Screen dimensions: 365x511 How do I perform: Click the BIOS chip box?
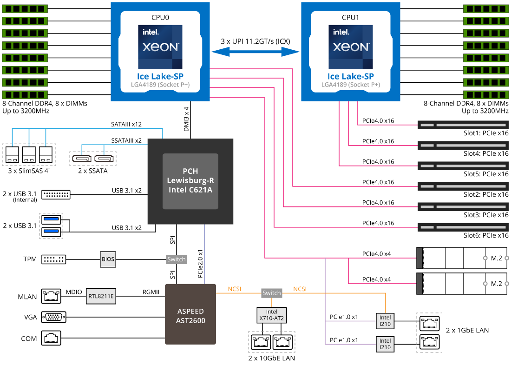click(108, 259)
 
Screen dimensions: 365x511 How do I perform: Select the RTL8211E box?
click(101, 295)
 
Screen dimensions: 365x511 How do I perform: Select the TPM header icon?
click(54, 259)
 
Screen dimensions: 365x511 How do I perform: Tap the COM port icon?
click(52, 338)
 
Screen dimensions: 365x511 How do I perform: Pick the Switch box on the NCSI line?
click(272, 293)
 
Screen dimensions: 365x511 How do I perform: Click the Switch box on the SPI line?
click(176, 259)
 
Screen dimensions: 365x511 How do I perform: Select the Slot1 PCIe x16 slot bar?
click(463, 125)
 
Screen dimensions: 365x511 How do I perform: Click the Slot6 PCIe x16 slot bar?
click(463, 227)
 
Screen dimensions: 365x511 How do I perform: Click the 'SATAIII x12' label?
click(126, 125)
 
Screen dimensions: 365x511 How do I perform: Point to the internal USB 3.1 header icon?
click(56, 194)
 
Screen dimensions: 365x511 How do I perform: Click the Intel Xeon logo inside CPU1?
click(351, 46)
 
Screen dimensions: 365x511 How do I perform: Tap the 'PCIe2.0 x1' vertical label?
click(200, 265)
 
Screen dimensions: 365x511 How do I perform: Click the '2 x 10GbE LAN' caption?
click(272, 358)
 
